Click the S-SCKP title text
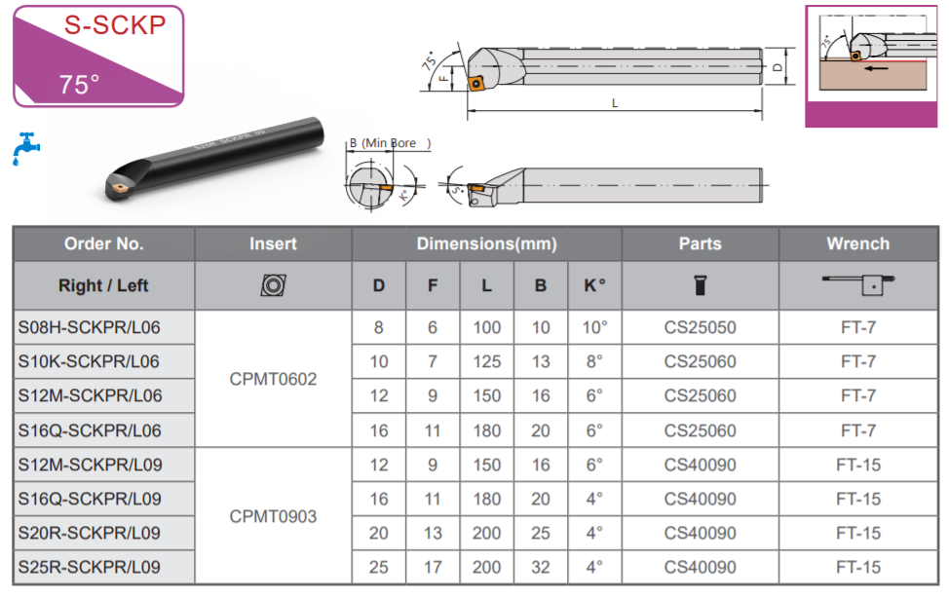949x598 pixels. [x=115, y=24]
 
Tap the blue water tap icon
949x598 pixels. [x=25, y=148]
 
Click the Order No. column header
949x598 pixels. [x=103, y=243]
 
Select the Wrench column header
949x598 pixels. [x=857, y=243]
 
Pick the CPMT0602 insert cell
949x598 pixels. [x=273, y=379]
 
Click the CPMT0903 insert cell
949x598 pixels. [x=273, y=516]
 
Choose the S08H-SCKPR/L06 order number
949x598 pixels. [x=89, y=327]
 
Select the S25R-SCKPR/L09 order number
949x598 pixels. [x=89, y=567]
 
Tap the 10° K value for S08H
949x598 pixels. [x=594, y=327]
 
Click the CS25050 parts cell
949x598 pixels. [x=700, y=327]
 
